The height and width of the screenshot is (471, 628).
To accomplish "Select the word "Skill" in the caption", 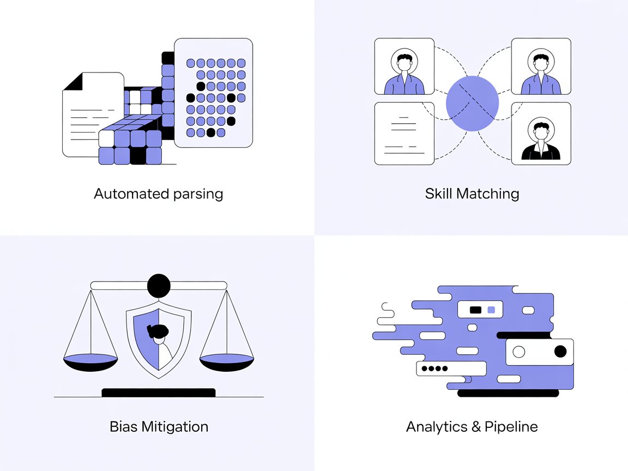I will pyautogui.click(x=438, y=194).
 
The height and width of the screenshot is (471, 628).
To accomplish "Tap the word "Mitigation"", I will pyautogui.click(x=174, y=426).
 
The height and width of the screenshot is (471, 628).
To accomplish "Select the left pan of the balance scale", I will pyautogui.click(x=90, y=361).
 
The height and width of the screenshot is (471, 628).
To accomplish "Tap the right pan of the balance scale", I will pyautogui.click(x=227, y=361).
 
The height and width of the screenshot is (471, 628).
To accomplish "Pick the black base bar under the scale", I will pyautogui.click(x=159, y=392).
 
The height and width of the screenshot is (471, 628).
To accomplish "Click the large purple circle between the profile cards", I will pyautogui.click(x=472, y=104).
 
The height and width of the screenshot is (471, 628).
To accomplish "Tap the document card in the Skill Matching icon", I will pyautogui.click(x=404, y=134).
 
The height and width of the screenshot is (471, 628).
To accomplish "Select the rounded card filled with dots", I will pyautogui.click(x=213, y=93).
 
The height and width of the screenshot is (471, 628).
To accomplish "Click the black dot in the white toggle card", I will pyautogui.click(x=560, y=352).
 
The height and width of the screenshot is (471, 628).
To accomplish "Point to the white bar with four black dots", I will pyautogui.click(x=451, y=369).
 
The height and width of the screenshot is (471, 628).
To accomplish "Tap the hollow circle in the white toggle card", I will pyautogui.click(x=519, y=352).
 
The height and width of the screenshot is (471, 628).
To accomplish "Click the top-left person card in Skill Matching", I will pyautogui.click(x=404, y=67).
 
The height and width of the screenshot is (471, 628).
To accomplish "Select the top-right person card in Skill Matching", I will pyautogui.click(x=541, y=67).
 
